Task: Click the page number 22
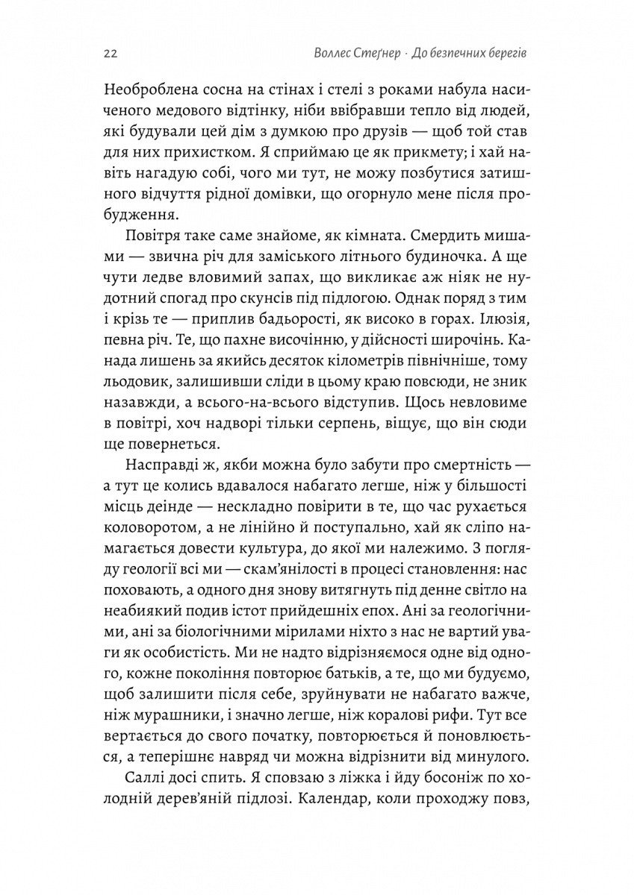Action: click(105, 54)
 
